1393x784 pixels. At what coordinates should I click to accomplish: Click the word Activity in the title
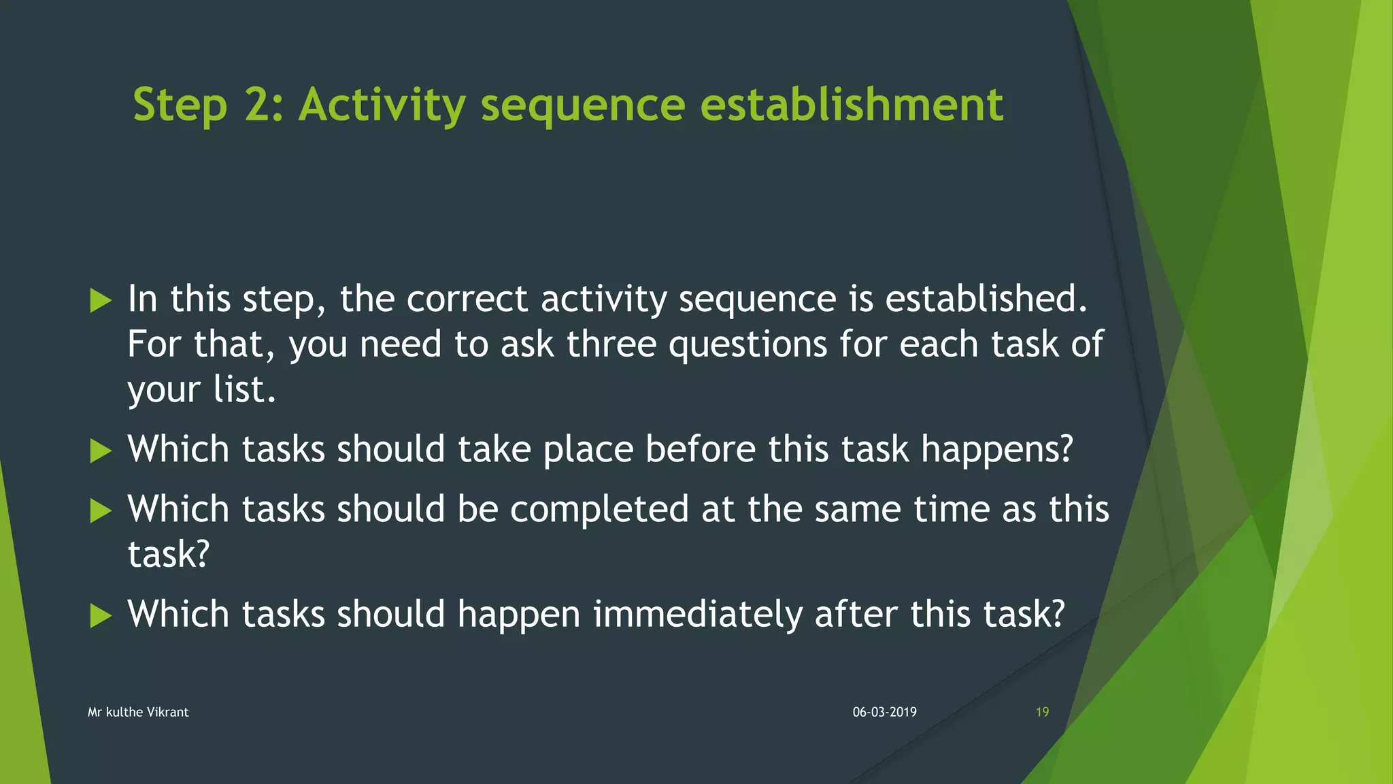click(x=382, y=105)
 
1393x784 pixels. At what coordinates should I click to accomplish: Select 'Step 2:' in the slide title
click(x=207, y=105)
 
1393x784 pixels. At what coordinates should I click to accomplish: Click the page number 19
click(x=1042, y=712)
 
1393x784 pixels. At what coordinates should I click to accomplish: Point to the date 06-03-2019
click(x=884, y=712)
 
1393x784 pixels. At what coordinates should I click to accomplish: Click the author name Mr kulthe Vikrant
click(x=138, y=712)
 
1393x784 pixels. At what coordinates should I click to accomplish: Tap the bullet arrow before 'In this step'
click(x=101, y=300)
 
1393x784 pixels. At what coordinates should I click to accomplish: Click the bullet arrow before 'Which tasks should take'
click(x=101, y=451)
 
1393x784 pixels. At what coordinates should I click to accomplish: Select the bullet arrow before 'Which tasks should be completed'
click(x=101, y=510)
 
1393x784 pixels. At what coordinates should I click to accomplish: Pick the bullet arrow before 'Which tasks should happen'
click(x=101, y=615)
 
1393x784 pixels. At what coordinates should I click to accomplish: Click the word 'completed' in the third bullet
click(x=599, y=510)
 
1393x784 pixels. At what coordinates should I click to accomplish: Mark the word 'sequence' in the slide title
click(x=583, y=107)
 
